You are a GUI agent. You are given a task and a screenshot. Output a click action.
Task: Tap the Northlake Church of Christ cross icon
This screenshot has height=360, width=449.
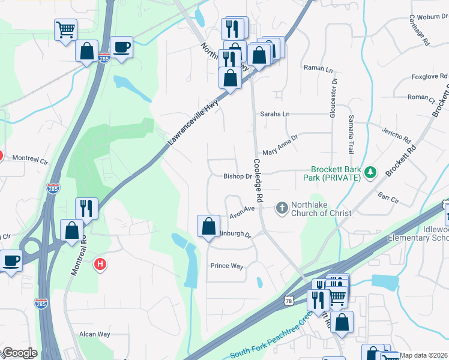282,208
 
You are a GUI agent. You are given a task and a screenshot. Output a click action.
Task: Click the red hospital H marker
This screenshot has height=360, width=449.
101,263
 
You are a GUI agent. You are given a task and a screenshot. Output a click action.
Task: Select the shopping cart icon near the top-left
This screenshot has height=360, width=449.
65,29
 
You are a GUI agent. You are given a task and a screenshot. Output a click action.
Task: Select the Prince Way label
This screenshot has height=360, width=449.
227,265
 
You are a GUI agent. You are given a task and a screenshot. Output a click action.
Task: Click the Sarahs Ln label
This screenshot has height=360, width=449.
274,114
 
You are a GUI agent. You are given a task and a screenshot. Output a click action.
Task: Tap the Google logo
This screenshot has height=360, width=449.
19,353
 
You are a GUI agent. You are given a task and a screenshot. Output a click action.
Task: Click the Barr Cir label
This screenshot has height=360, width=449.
388,196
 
